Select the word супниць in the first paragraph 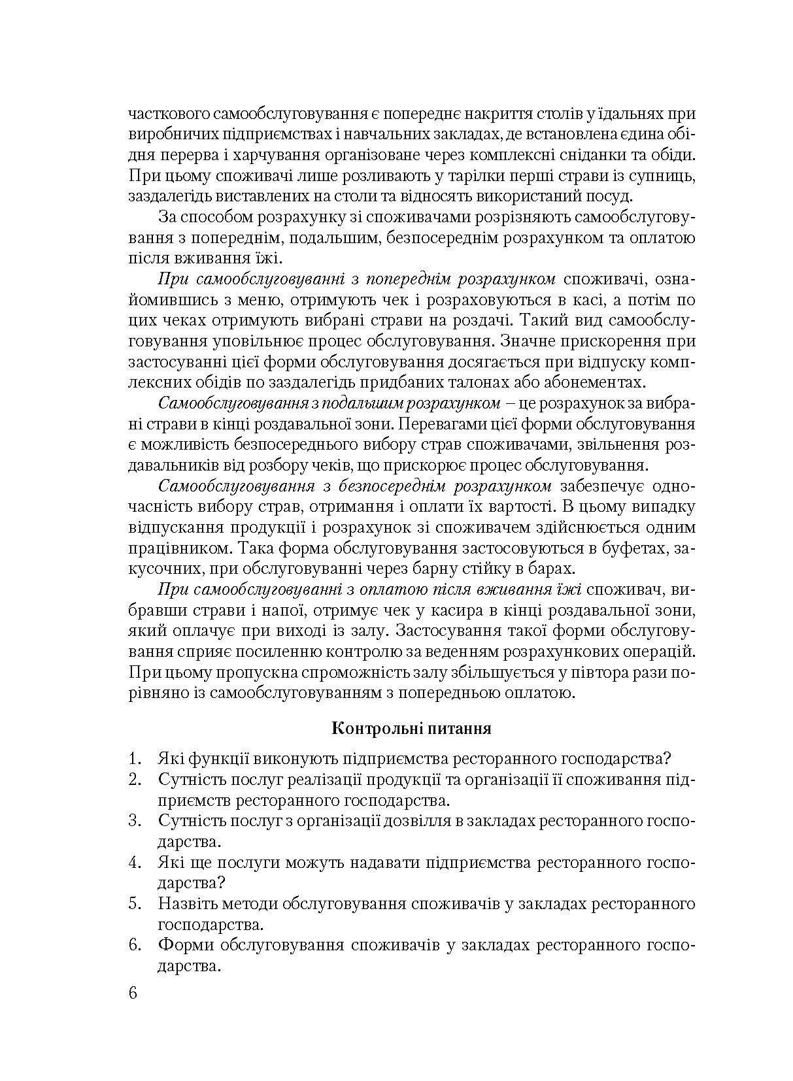661,176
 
